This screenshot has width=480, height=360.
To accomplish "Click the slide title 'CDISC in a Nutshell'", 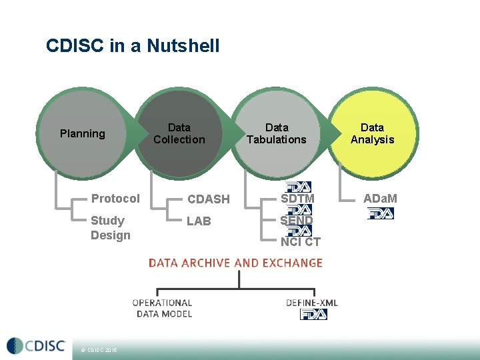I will (x=133, y=46).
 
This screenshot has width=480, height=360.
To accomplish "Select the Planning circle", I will (x=83, y=134).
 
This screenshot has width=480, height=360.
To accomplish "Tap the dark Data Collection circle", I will (x=179, y=133).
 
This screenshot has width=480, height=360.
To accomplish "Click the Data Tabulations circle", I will (x=277, y=133).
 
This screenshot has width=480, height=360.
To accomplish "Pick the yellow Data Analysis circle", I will (x=373, y=133).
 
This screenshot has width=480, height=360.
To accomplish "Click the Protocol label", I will (x=115, y=199).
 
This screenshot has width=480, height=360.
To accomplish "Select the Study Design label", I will (x=110, y=228).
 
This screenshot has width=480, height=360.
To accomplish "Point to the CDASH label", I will (x=208, y=199).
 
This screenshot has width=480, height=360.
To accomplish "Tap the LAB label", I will (x=199, y=221).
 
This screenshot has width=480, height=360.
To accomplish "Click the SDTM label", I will (x=297, y=199).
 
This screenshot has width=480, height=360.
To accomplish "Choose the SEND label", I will (x=297, y=221).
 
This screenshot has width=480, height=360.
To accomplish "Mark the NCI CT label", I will (x=301, y=242).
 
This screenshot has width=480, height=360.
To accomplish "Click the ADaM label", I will (x=380, y=199).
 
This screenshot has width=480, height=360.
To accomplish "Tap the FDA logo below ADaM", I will (x=381, y=213).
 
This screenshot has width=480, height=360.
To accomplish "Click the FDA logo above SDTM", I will (x=297, y=187).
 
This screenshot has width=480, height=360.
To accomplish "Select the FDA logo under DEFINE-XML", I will (x=314, y=314).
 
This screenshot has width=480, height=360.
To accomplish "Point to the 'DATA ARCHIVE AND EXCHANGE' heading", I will (x=235, y=263).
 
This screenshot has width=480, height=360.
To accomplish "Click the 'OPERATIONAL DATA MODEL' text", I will (x=163, y=309).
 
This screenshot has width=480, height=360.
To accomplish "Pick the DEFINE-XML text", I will (x=312, y=303).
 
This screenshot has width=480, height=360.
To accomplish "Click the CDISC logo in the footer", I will (x=36, y=346).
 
